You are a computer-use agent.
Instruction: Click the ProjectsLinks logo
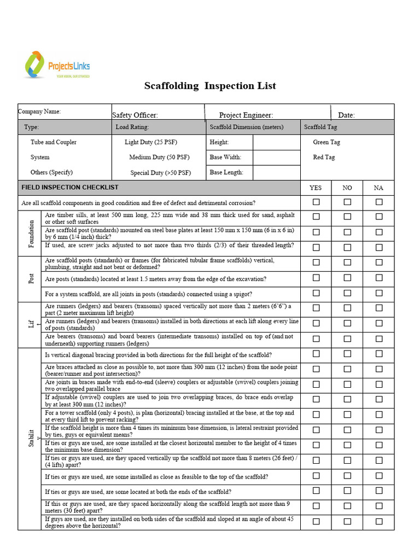57,66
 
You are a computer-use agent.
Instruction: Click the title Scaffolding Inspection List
210,86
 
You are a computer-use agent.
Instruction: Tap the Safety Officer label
135,115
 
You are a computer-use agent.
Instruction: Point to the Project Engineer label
246,115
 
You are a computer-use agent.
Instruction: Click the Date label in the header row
346,115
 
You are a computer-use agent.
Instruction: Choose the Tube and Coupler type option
54,142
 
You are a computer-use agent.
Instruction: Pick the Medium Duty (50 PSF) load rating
159,157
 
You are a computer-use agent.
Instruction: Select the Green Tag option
326,142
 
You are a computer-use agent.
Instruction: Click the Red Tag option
324,157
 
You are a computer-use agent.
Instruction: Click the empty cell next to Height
276,142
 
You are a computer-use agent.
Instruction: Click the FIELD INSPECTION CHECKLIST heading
70,188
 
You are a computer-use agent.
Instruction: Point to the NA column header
378,188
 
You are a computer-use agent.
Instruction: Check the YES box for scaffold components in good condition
316,202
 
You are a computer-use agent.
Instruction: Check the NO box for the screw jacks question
347,246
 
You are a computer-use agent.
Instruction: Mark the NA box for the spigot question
379,293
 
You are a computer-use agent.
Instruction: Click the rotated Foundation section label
31,234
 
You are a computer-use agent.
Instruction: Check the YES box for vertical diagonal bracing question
316,354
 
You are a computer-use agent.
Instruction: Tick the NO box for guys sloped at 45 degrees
347,521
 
